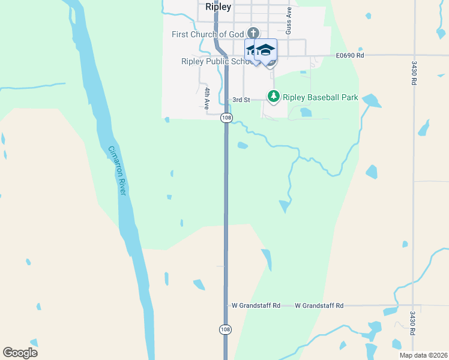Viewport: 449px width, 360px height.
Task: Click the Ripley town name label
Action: (x=218, y=7)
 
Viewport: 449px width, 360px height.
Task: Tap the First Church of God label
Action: (x=208, y=34)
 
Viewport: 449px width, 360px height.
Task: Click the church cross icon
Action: (x=253, y=32)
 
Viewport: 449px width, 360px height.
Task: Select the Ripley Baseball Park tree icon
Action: (x=274, y=96)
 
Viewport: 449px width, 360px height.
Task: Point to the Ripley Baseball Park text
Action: (x=321, y=97)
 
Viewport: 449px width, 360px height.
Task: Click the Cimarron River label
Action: (x=116, y=171)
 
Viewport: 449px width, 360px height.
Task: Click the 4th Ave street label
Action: (x=206, y=97)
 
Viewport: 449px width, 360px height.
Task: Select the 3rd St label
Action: (x=241, y=100)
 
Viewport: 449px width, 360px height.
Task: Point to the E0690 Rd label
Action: (x=350, y=55)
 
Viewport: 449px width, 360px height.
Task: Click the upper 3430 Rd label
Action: (x=414, y=73)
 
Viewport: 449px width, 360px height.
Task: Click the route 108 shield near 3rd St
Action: (x=226, y=118)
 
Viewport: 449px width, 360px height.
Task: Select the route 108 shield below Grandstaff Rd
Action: (x=224, y=330)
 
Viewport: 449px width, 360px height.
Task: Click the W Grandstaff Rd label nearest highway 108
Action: (x=256, y=305)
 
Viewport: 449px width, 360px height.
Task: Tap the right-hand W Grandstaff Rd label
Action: (x=319, y=305)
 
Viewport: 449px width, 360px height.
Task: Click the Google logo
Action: (x=20, y=353)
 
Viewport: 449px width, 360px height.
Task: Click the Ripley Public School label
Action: (x=213, y=61)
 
